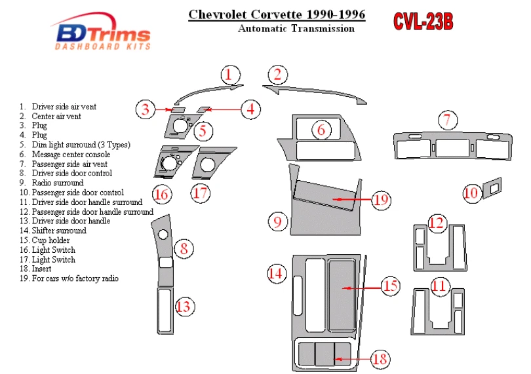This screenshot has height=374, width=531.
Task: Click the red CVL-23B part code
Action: [x=423, y=22]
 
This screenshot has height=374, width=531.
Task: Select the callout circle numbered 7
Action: [x=447, y=120]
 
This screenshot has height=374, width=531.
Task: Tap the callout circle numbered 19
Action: [x=382, y=200]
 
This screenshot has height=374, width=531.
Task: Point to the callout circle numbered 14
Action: [x=278, y=274]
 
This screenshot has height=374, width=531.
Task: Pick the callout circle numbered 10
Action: [x=471, y=193]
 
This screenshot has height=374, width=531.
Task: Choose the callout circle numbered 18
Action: [x=380, y=358]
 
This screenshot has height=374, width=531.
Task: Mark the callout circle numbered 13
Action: [x=185, y=306]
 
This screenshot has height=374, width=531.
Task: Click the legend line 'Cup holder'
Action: [x=50, y=240]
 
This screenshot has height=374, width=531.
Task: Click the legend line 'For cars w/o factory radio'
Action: [x=75, y=278]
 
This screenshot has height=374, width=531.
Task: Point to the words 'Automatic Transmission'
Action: [x=296, y=28]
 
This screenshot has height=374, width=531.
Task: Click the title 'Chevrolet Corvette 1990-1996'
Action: [x=277, y=14]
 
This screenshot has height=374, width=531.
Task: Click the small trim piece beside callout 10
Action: [x=492, y=187]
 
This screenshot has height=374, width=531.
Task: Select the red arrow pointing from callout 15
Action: [x=360, y=287]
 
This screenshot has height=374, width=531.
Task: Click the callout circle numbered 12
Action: [x=438, y=223]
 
